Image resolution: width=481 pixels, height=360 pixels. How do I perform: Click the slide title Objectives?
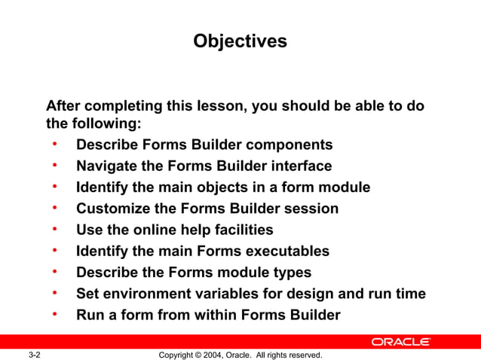coord(240,41)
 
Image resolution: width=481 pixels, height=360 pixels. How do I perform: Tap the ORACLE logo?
coord(400,342)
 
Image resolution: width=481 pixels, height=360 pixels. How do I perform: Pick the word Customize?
coord(112,209)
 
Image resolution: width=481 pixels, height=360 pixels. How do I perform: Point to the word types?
coord(291,273)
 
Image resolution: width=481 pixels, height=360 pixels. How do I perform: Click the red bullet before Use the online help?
coord(55,228)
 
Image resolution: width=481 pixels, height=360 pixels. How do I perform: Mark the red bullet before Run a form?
coord(55,313)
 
